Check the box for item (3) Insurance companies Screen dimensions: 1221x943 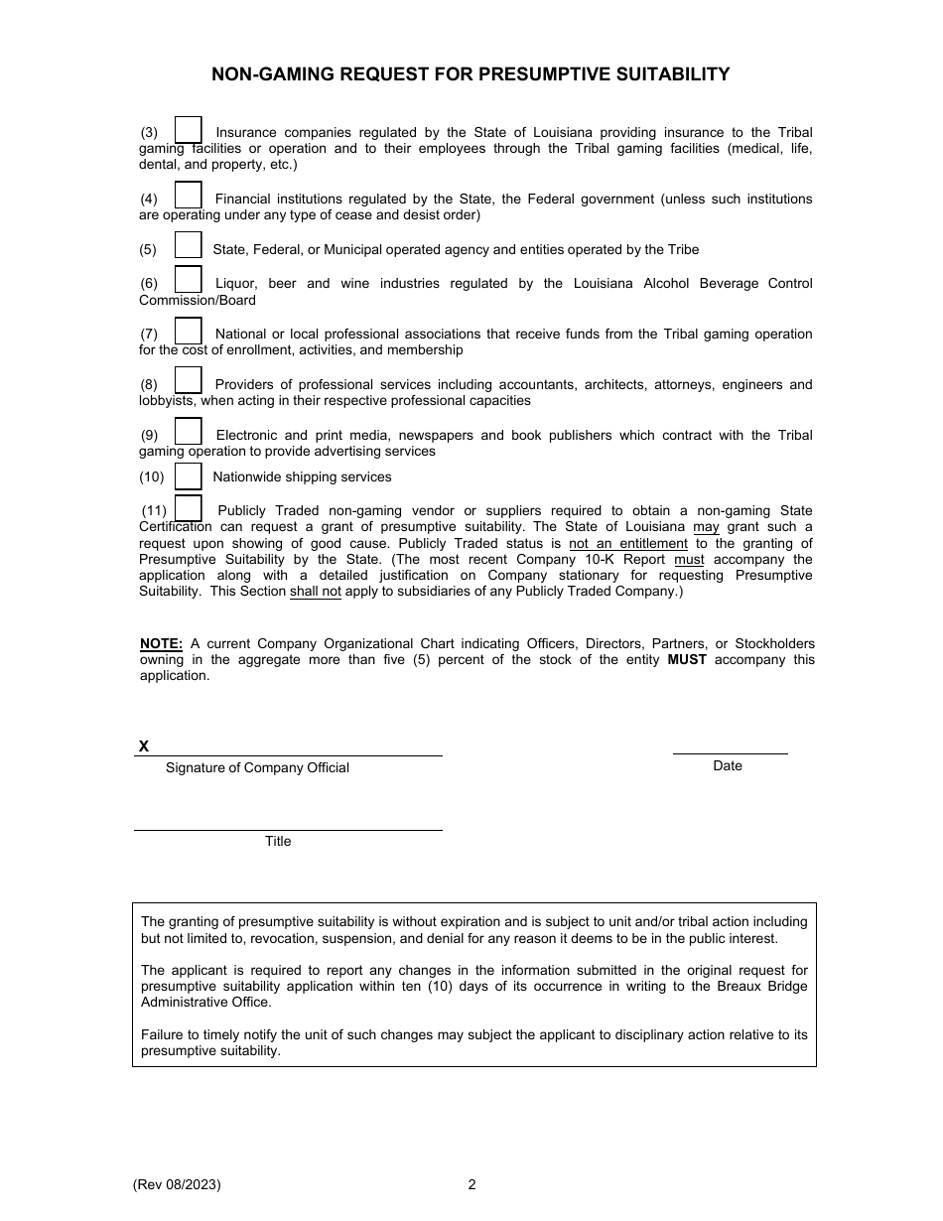189,130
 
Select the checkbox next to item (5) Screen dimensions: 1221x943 189,245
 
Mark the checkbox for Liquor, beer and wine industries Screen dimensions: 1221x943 189,280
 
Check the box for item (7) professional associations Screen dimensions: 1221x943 189,331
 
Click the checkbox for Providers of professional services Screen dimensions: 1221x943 189,381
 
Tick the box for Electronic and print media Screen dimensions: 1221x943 189,432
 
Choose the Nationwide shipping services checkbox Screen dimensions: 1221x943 189,476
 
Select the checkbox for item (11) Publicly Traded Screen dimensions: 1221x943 189,508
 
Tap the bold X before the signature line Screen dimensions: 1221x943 144,746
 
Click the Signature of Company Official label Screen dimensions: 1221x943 257,767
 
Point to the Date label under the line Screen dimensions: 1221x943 728,765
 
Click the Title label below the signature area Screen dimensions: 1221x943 278,841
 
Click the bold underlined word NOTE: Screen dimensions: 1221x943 161,643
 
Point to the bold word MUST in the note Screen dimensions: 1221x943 687,659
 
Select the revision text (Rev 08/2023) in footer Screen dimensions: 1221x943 177,1184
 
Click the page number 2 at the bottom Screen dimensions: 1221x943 472,1184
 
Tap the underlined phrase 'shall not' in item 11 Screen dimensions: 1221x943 315,592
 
